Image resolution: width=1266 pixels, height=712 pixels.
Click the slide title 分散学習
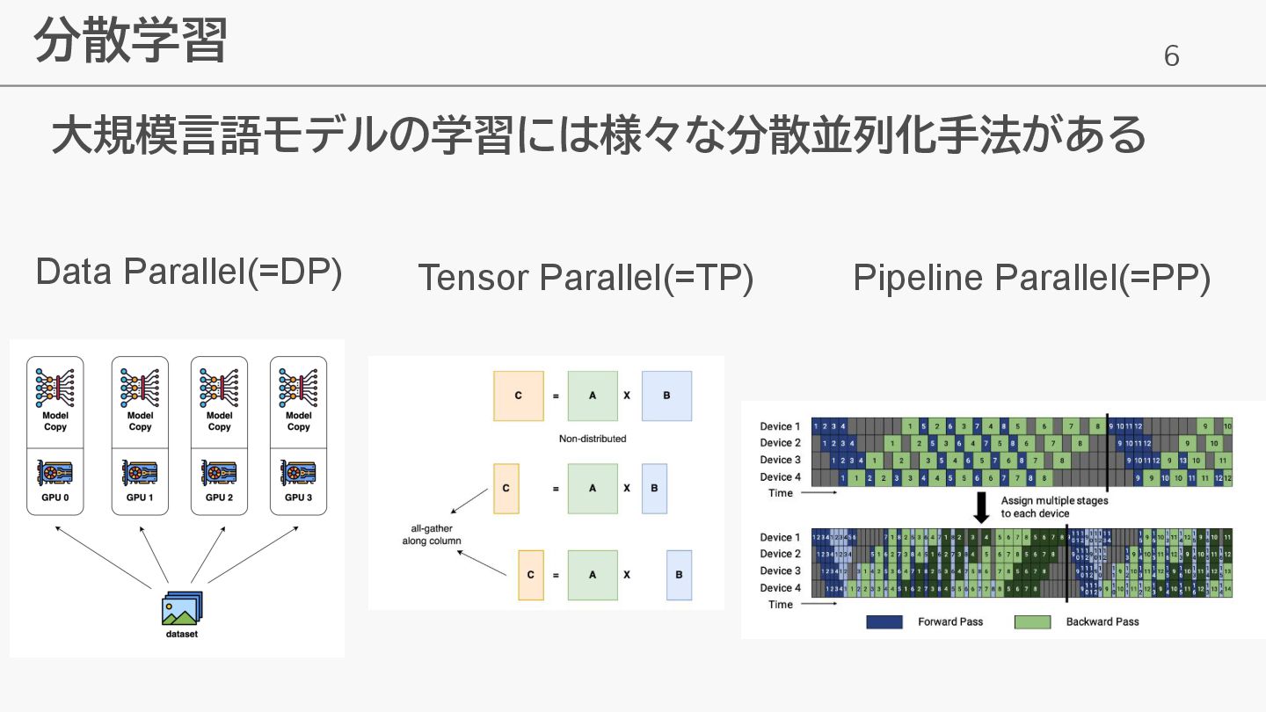click(130, 41)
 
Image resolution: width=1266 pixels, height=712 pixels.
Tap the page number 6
click(1171, 56)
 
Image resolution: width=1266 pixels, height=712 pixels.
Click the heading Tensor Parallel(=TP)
click(586, 277)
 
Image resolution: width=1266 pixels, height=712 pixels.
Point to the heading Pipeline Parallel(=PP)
click(1031, 277)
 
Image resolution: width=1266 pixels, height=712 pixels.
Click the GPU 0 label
click(61, 498)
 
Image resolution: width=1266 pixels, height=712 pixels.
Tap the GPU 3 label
click(298, 498)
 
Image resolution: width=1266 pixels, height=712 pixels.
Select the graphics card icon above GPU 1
click(140, 473)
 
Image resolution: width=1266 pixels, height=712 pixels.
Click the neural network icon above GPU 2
click(219, 387)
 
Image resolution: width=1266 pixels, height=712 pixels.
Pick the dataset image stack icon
click(182, 607)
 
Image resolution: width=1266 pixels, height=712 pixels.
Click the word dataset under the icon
click(182, 633)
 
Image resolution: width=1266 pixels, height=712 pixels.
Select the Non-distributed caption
click(593, 438)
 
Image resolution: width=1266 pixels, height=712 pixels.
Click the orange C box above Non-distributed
click(518, 396)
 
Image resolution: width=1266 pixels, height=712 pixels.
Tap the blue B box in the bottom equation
click(679, 575)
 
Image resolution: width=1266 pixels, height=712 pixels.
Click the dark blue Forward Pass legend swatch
click(884, 621)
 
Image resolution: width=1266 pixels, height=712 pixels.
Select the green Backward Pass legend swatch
click(1032, 621)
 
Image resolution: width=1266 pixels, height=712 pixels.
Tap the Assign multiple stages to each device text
click(1054, 507)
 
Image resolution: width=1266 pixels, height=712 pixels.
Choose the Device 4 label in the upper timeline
click(781, 477)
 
